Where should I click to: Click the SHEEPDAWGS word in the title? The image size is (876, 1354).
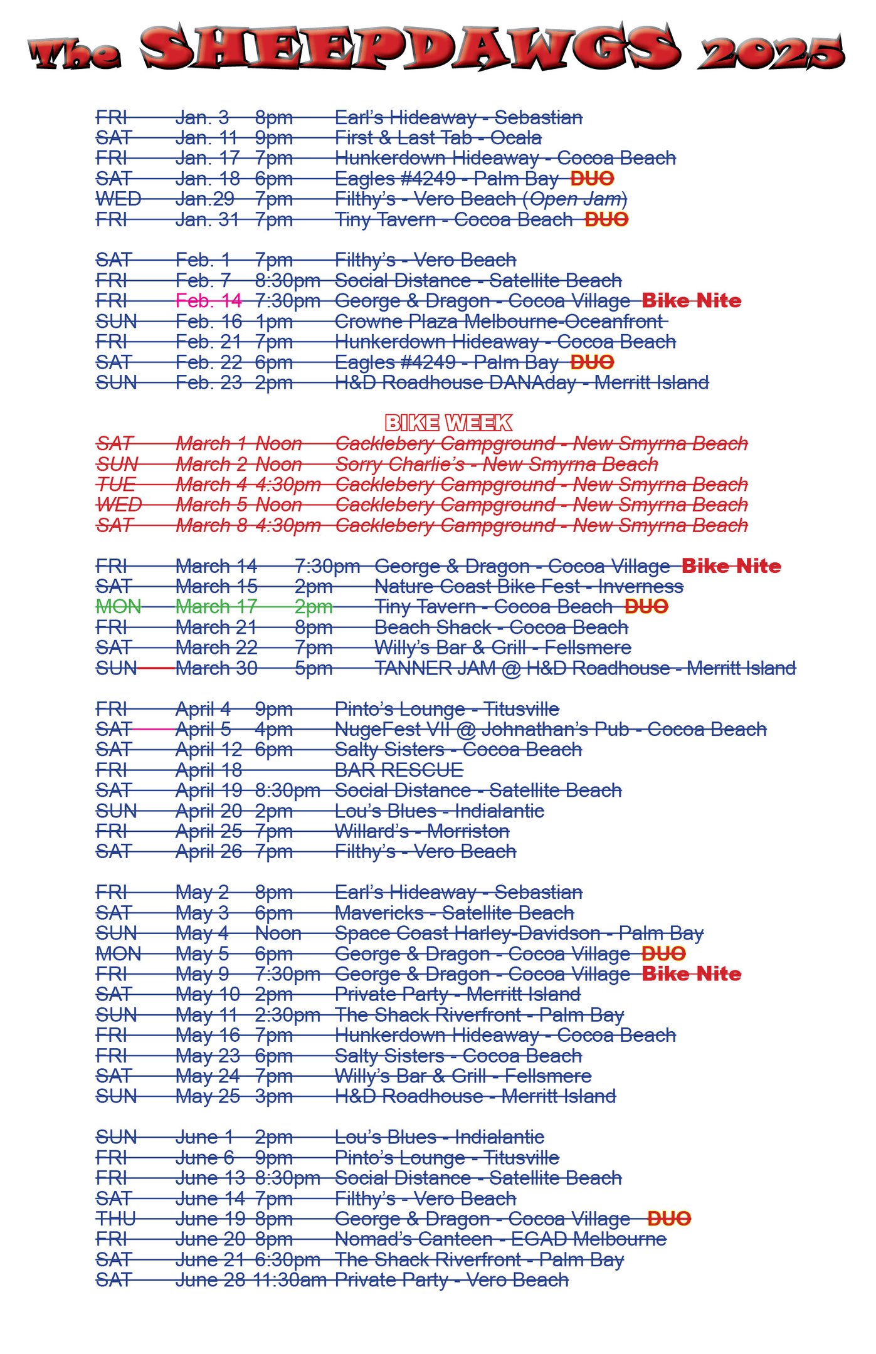(411, 47)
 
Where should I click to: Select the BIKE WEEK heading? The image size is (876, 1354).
(448, 423)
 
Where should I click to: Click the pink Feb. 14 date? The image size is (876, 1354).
(208, 301)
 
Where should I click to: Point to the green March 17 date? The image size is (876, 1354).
(216, 607)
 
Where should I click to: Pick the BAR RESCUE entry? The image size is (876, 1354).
(399, 770)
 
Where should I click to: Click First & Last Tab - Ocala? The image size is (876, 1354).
(438, 138)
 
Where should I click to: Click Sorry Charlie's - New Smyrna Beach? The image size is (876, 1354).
(497, 464)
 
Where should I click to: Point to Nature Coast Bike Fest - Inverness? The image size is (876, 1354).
(529, 587)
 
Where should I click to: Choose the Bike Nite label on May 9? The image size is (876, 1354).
(692, 974)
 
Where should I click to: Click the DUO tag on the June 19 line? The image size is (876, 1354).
(669, 1219)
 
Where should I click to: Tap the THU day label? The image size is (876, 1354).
(115, 1219)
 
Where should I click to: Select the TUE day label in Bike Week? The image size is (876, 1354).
(116, 485)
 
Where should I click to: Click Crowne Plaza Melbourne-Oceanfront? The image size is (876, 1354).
(499, 322)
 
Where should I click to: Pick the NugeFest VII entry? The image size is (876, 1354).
(551, 729)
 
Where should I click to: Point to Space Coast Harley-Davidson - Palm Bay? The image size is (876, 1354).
(519, 933)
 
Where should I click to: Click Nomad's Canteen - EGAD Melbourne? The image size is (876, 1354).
(500, 1239)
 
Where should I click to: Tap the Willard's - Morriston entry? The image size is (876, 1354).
(422, 831)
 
